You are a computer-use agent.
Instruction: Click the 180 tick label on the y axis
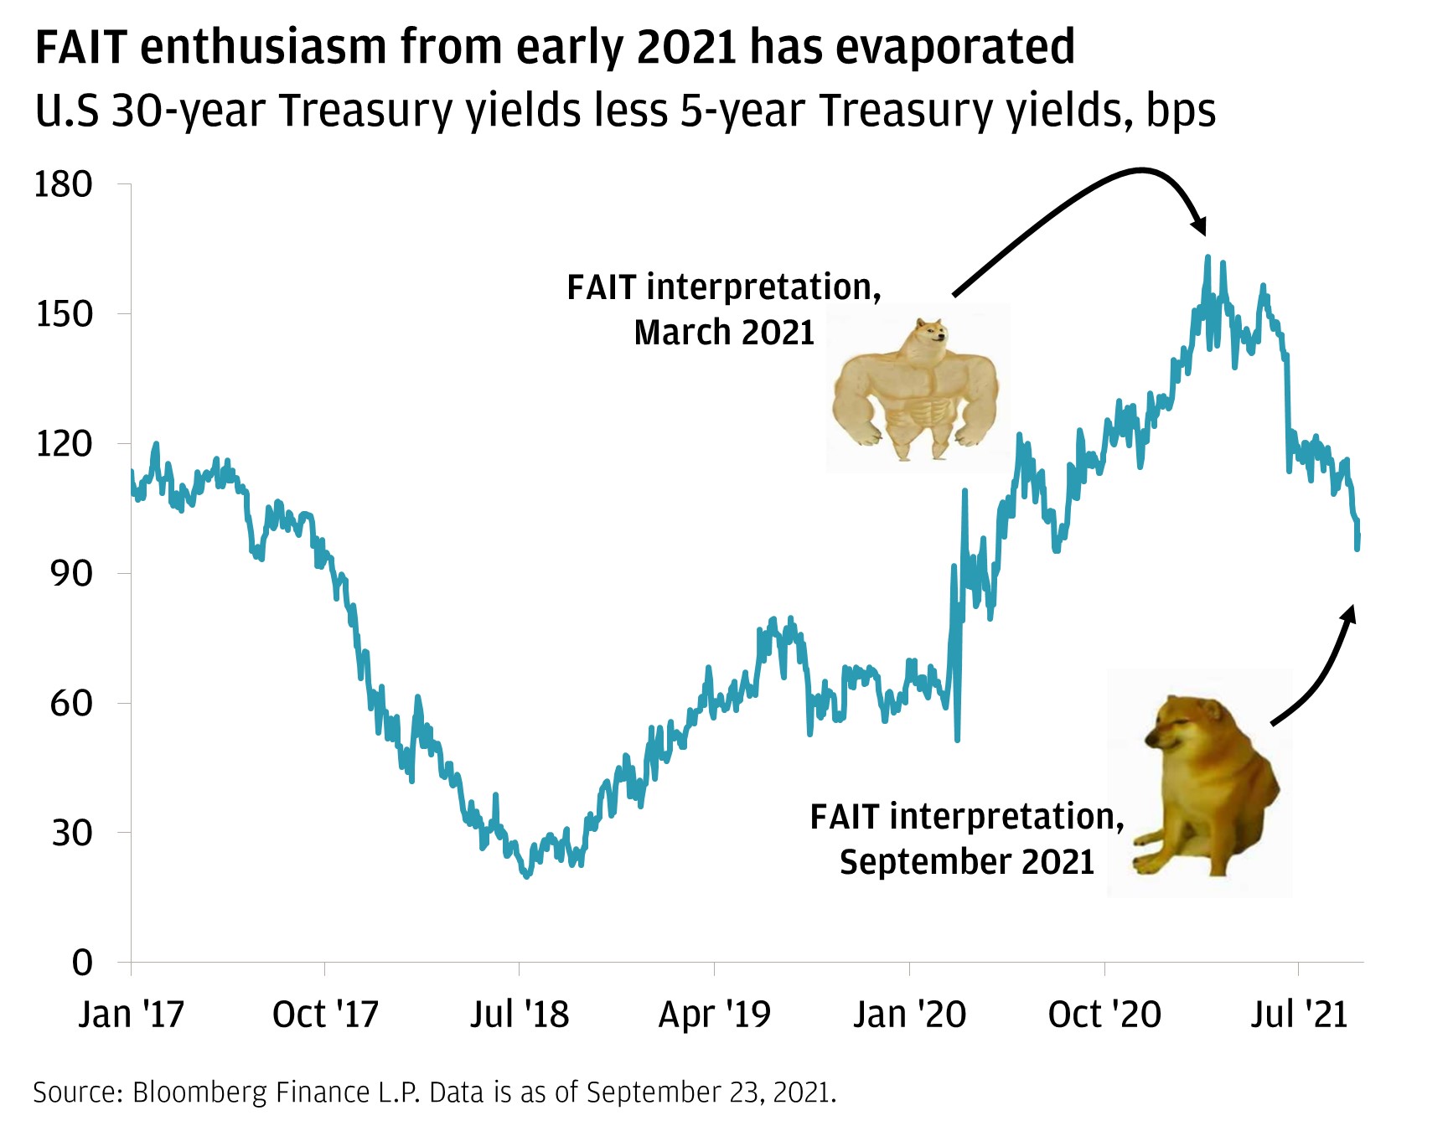pos(63,185)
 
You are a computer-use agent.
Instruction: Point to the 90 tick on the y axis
pos(71,574)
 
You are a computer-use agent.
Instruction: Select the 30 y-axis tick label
pos(71,833)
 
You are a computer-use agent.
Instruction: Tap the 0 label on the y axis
pos(82,963)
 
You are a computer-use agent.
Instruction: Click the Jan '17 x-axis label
pos(132,1015)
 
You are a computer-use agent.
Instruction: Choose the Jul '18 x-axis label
pos(520,1015)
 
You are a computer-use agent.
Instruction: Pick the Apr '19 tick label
pos(714,1015)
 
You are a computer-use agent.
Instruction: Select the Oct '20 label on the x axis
pos(1104,1015)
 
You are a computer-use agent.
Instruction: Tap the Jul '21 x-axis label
pos(1299,1015)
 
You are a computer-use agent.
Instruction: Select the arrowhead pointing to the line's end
pos(1348,613)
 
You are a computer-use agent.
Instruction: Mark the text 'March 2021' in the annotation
pos(724,333)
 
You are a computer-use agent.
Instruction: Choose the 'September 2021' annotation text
pos(967,862)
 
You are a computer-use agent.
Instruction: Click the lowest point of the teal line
pos(526,875)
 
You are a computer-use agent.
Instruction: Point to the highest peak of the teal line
pos(1208,257)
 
